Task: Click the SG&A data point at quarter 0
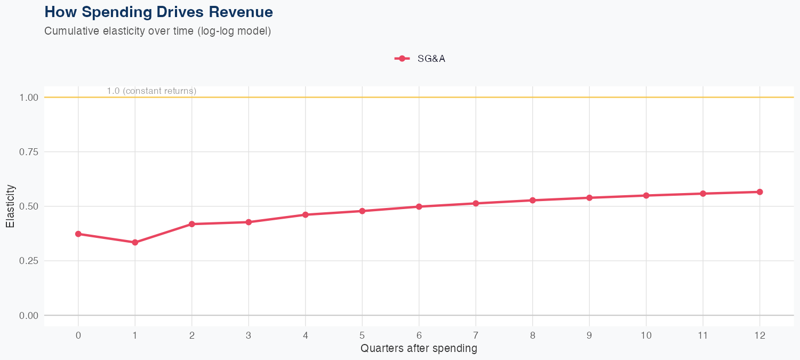[x=78, y=234]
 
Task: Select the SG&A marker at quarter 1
[x=135, y=242]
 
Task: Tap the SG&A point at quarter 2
[x=192, y=224]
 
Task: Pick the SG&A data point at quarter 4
[x=306, y=214]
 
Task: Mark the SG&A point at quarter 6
[x=419, y=206]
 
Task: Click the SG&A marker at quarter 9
[x=589, y=198]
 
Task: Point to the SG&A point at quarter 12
[x=760, y=192]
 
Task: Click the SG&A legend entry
[x=420, y=59]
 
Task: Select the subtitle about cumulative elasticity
[x=158, y=31]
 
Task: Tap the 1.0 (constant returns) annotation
[x=151, y=91]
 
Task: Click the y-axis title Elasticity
[x=10, y=206]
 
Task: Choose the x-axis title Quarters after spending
[x=419, y=349]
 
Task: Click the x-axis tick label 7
[x=476, y=335]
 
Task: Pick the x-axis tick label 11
[x=703, y=335]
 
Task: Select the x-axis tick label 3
[x=249, y=335]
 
